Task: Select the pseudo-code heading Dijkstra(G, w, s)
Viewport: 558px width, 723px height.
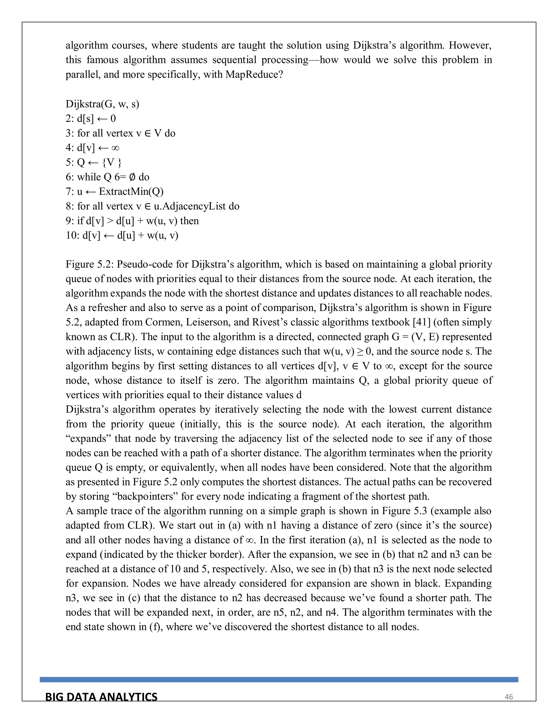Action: coord(102,104)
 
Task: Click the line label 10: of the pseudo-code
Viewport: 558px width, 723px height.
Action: coord(72,235)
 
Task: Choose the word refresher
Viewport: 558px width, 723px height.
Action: coord(107,307)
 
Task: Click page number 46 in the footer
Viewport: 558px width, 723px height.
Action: coord(509,697)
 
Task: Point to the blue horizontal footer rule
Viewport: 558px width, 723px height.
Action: coord(279,679)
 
